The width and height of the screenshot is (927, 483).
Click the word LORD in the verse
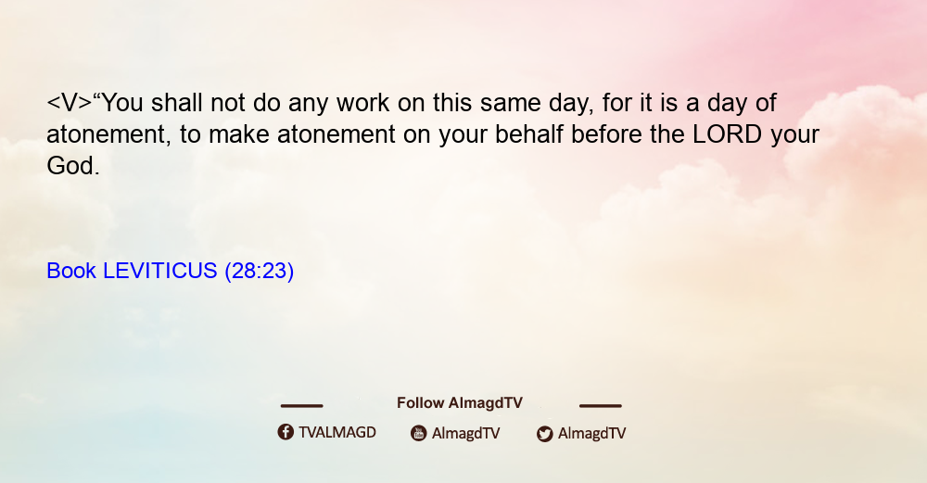(727, 134)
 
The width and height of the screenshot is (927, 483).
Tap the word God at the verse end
(70, 166)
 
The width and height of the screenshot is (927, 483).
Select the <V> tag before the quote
(70, 103)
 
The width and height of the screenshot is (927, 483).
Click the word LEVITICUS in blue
(160, 271)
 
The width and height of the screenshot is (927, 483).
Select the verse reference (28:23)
(259, 272)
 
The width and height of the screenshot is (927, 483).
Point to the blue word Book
(71, 271)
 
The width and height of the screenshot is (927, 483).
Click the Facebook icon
(286, 432)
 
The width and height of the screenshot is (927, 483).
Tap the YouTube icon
(419, 433)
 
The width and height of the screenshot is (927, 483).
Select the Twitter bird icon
(544, 434)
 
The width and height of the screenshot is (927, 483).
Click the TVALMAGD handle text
(337, 433)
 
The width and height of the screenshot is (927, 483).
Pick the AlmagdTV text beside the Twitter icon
(591, 434)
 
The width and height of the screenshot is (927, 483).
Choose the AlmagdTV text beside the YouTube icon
(466, 434)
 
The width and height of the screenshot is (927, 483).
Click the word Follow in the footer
(420, 403)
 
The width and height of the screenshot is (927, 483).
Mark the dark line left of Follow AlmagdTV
(301, 406)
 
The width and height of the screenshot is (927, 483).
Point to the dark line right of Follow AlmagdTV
(600, 406)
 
